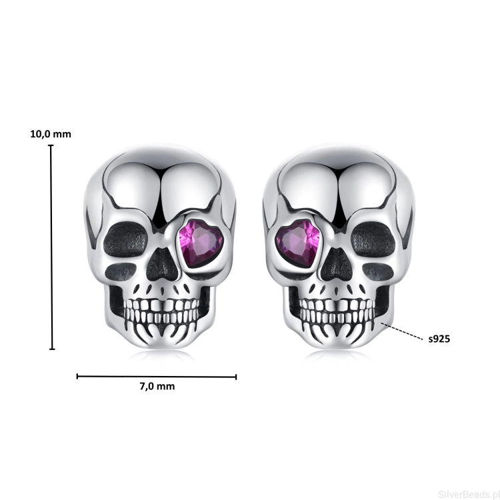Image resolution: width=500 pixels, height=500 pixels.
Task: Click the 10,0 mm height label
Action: (x=51, y=134)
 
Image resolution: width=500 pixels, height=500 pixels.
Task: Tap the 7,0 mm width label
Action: (x=157, y=387)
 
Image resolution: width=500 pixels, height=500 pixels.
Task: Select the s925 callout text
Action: (x=439, y=339)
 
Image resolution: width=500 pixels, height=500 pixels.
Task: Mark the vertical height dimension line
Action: (x=51, y=247)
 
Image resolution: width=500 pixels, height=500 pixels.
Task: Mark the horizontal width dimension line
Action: (x=157, y=377)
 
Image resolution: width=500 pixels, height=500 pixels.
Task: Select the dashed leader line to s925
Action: (x=402, y=331)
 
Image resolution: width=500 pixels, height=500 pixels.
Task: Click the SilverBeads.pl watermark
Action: (x=469, y=494)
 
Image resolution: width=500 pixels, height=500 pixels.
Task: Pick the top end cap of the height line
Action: (x=51, y=145)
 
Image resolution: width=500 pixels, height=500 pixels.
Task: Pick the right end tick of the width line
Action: (x=236, y=377)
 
